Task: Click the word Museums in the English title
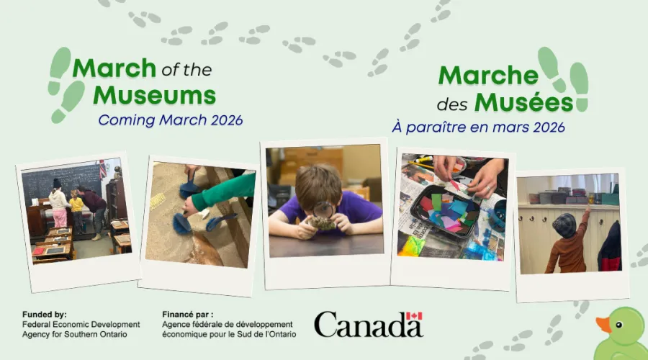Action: point(154,95)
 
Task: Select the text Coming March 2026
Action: point(170,120)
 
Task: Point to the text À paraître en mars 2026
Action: point(478,127)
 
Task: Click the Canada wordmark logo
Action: point(367,325)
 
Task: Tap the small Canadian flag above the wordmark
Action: point(414,316)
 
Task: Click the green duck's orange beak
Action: point(603,325)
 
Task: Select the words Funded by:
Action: point(44,315)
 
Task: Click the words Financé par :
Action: point(189,315)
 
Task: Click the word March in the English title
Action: point(114,68)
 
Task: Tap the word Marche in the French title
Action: point(488,76)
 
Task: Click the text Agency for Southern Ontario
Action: point(75,333)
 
